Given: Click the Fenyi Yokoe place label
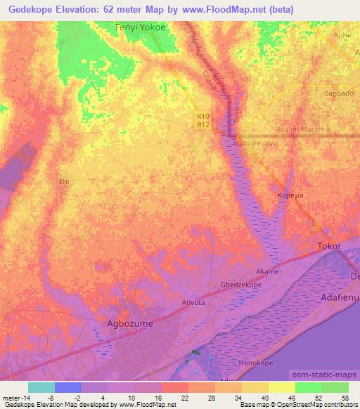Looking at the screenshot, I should pyautogui.click(x=141, y=29).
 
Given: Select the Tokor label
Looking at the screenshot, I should pyautogui.click(x=329, y=247).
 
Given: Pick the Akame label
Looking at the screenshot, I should pyautogui.click(x=267, y=271).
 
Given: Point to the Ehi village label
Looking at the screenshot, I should pyautogui.click(x=64, y=182).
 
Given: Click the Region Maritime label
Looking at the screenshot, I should pyautogui.click(x=303, y=130).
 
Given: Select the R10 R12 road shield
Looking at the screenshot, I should pyautogui.click(x=203, y=121).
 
